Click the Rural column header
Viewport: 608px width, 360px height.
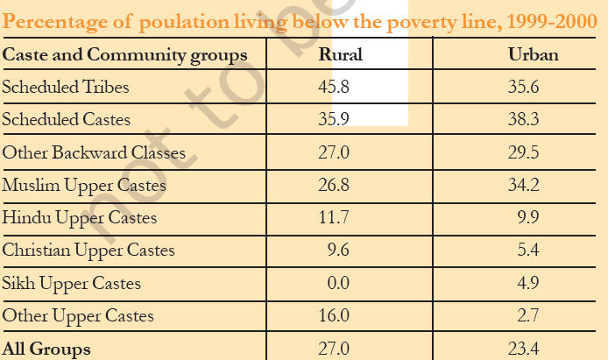(341, 56)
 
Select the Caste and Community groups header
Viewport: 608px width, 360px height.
(124, 56)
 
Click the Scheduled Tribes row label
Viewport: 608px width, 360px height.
(65, 88)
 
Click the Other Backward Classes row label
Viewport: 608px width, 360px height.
(94, 152)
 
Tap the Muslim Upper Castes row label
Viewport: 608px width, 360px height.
(84, 186)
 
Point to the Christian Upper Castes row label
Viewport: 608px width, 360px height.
(88, 251)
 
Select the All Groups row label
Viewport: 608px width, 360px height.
(46, 349)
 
